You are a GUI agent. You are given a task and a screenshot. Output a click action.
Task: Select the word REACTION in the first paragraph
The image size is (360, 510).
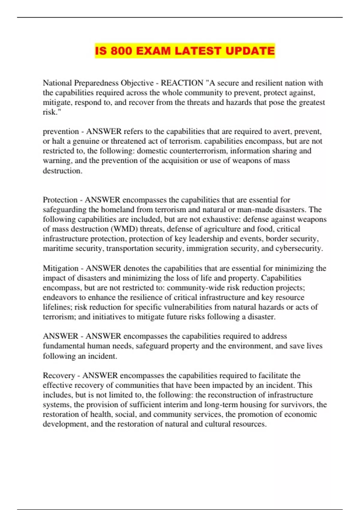click(182, 83)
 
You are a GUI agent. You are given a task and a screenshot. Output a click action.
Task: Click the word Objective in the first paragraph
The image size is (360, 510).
click(137, 83)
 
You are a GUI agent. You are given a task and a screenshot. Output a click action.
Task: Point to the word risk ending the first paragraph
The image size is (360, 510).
click(49, 112)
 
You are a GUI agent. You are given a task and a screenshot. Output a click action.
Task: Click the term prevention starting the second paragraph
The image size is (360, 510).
click(61, 131)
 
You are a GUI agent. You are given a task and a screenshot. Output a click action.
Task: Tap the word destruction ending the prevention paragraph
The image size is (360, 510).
click(62, 171)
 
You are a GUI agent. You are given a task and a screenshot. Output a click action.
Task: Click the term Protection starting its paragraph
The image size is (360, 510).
click(60, 200)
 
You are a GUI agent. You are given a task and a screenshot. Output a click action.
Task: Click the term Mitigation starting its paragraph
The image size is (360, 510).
click(61, 268)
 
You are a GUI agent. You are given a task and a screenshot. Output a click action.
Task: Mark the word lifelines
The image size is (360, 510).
click(56, 307)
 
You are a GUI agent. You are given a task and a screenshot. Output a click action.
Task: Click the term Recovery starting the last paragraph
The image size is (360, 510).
click(59, 376)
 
